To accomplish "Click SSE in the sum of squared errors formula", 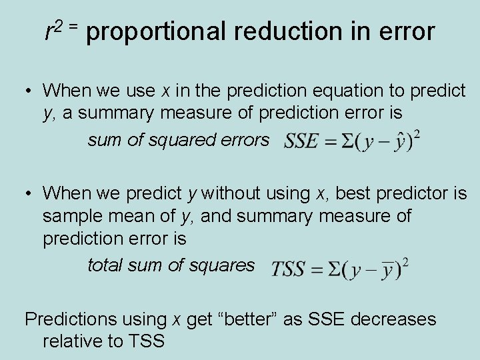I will (301, 143).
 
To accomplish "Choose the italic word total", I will (105, 265).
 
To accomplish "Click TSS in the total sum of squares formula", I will (288, 269).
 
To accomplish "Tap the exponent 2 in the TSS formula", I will (405, 262).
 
